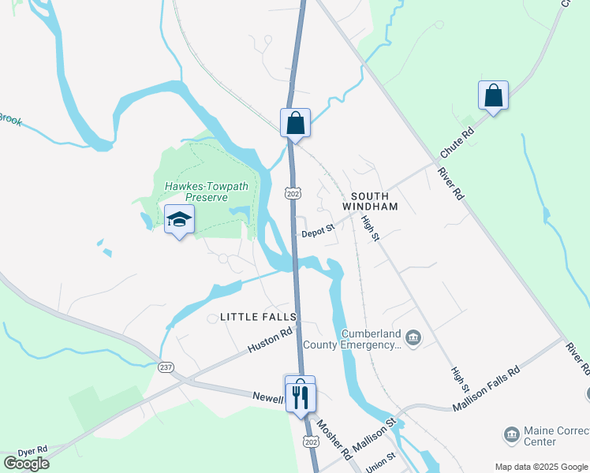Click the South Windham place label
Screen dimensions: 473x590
[370, 201]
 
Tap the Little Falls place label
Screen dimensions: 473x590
[258, 317]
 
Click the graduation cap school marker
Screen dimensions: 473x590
[179, 220]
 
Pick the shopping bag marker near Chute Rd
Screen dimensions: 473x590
[493, 96]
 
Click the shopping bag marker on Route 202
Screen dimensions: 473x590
[295, 124]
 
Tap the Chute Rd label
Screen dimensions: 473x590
[457, 142]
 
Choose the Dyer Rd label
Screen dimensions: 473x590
[32, 449]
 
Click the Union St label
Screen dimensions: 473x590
[380, 462]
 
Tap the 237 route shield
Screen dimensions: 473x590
[166, 367]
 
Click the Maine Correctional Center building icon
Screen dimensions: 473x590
[510, 434]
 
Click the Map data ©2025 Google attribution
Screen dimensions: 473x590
[540, 467]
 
